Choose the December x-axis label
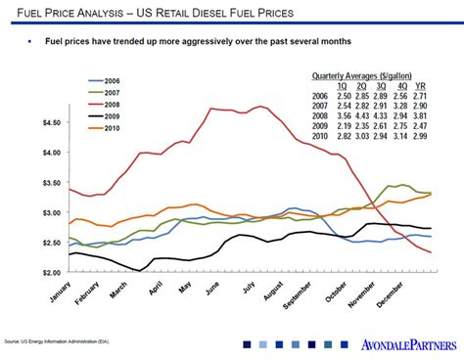point(404,292)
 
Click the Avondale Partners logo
point(406,344)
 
